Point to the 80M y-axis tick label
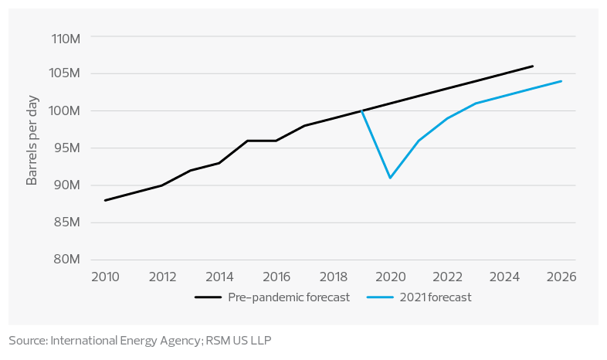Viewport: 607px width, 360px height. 66,260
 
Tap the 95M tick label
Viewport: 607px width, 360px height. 66,148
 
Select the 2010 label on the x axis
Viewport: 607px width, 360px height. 105,276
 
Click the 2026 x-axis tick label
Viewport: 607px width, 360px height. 561,276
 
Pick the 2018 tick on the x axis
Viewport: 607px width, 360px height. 333,276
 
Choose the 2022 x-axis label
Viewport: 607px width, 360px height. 447,276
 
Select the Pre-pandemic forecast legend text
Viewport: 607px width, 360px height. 288,297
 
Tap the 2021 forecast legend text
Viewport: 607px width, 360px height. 436,297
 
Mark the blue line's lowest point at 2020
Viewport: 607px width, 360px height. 391,178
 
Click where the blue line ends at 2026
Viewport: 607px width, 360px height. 561,81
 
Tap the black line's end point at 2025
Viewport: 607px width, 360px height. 533,66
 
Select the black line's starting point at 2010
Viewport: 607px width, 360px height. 105,200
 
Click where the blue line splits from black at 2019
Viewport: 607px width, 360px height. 361,110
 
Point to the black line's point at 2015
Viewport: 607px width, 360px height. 248,141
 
